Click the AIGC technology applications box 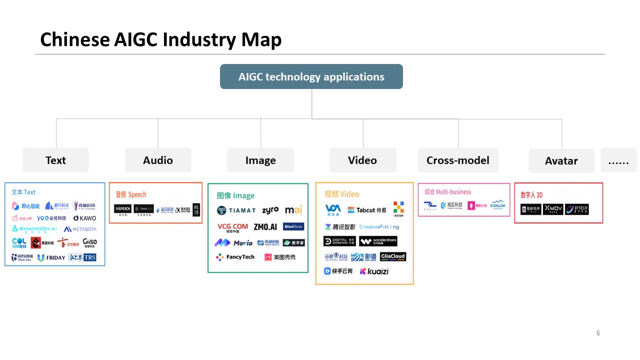(311, 76)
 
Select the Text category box (55, 160)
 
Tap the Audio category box (158, 160)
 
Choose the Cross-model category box (458, 160)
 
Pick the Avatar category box (561, 160)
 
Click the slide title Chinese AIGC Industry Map (160, 39)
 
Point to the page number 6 (598, 333)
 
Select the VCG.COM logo (232, 227)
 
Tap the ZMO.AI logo (265, 227)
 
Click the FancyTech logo (235, 257)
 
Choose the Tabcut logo (367, 210)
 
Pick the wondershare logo (378, 241)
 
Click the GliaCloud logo (393, 256)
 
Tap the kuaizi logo (374, 271)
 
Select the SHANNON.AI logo (34, 229)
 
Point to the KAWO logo (84, 218)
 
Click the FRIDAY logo (51, 257)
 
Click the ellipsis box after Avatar (618, 160)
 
